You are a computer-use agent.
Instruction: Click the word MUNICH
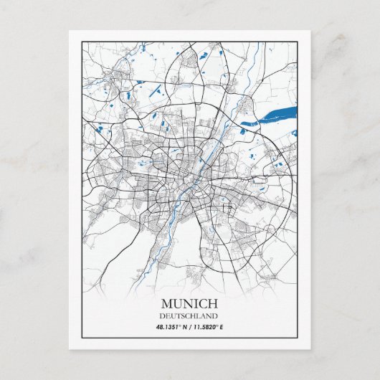click(x=190, y=303)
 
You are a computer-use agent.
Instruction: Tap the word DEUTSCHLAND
click(x=190, y=315)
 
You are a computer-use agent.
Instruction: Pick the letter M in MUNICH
click(x=167, y=303)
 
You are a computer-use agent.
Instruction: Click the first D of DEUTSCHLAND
click(x=164, y=315)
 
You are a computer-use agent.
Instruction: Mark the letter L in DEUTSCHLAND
click(x=198, y=315)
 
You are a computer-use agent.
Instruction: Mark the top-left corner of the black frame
click(x=82, y=42)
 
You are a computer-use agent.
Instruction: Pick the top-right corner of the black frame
click(x=298, y=42)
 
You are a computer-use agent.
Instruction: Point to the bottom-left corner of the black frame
click(x=82, y=337)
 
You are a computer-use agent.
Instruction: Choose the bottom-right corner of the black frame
click(x=298, y=337)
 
